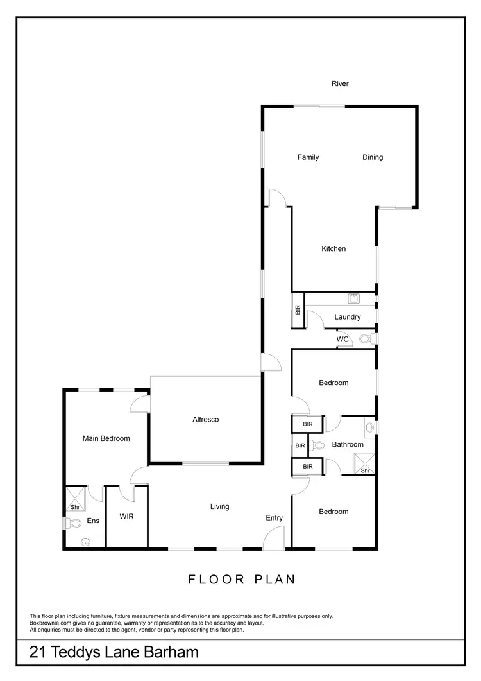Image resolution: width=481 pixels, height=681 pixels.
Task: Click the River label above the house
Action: [x=340, y=83]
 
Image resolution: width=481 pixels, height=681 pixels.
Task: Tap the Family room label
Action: [x=308, y=157]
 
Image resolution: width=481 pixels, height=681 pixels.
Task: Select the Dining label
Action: [x=373, y=157]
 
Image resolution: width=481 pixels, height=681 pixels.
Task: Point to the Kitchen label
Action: [x=333, y=249]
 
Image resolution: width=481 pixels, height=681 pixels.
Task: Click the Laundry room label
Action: [x=348, y=317]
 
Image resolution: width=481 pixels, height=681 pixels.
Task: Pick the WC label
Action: [x=342, y=339]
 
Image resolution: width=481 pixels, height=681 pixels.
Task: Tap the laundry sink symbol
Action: [x=353, y=298]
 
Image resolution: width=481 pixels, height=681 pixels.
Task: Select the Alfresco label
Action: [x=206, y=420]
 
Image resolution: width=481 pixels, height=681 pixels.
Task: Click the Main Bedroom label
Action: [x=106, y=439]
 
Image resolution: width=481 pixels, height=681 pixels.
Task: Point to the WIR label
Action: [x=126, y=516]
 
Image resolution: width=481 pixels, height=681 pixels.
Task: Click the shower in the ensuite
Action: [x=75, y=497]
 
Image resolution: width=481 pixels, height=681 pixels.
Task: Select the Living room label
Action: [x=220, y=507]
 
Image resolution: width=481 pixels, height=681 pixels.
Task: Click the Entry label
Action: [x=274, y=518]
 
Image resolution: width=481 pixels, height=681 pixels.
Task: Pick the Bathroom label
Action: [x=348, y=445]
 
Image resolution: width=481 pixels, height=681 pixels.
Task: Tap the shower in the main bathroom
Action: [x=364, y=463]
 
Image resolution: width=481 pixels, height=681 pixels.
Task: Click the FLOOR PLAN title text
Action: [x=242, y=580]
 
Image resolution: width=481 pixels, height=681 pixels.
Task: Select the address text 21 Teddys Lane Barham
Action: [x=114, y=653]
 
